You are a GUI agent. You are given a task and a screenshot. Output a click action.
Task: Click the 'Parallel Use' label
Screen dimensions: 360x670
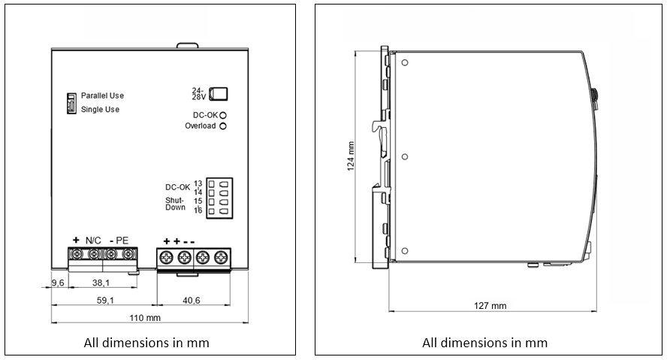click(102, 96)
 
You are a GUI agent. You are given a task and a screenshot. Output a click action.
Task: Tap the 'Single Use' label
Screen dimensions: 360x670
click(100, 110)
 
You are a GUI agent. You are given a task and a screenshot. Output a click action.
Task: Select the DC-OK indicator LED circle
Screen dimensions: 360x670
click(223, 114)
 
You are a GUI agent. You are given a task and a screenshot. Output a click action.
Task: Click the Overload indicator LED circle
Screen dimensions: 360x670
click(223, 126)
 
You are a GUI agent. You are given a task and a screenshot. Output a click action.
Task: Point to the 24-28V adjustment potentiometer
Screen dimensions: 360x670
click(219, 94)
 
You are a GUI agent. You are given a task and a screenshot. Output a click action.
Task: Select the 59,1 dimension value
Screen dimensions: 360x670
click(104, 301)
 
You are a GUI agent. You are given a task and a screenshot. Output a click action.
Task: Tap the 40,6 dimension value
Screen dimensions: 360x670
click(192, 301)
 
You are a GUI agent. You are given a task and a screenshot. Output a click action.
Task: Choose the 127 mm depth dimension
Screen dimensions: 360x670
click(490, 306)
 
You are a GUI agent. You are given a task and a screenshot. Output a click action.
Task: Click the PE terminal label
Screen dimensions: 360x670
click(122, 240)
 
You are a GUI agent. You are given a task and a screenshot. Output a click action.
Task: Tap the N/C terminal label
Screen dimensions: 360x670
click(94, 240)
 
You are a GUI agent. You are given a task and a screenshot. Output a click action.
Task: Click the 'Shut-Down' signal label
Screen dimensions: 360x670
click(175, 204)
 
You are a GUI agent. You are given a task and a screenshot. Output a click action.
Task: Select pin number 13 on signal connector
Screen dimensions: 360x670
click(198, 183)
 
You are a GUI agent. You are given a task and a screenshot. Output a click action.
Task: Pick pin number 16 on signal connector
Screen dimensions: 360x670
click(198, 210)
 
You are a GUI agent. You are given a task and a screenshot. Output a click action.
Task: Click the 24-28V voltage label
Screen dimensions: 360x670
click(198, 94)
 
